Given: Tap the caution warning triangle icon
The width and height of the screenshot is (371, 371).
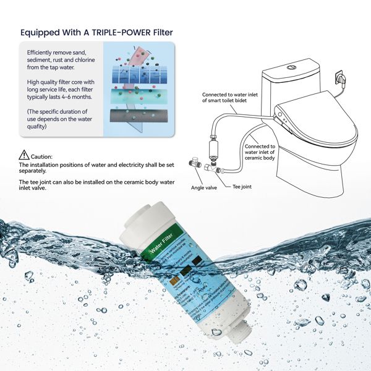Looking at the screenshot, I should tap(23, 155).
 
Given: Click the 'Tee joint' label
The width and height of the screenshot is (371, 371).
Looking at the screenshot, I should tap(242, 186).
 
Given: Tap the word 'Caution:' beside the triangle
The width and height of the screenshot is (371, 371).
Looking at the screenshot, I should tap(41, 157).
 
